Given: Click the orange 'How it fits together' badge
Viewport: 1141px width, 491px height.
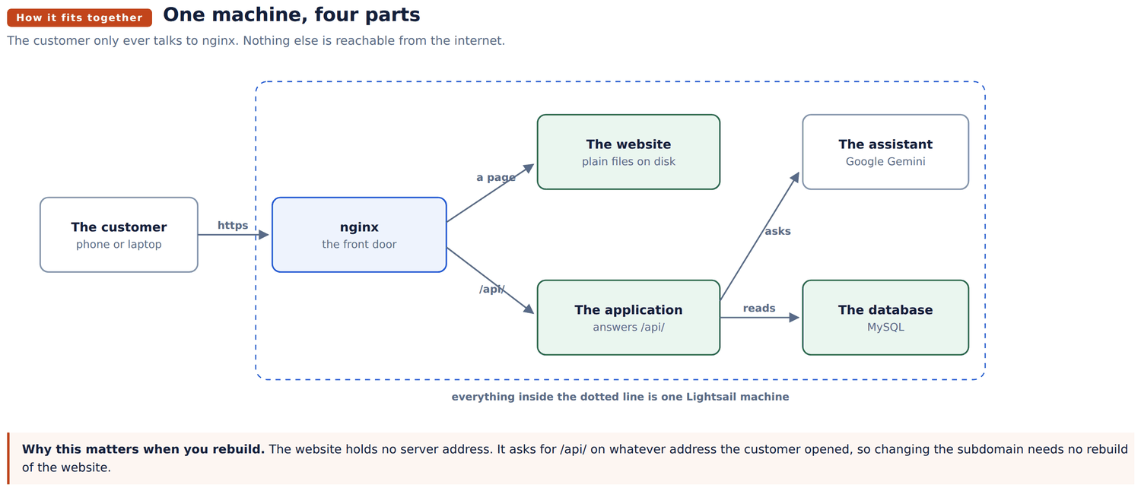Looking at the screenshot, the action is click(x=79, y=17).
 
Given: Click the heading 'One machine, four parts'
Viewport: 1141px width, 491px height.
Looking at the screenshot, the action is click(x=291, y=14).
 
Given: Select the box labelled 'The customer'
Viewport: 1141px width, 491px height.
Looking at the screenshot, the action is click(x=119, y=235).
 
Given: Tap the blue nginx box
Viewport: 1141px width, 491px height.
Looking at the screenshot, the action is click(x=359, y=235).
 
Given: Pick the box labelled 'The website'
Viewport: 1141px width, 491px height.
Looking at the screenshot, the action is click(x=628, y=152).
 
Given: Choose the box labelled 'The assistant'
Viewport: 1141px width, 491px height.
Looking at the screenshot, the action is click(x=885, y=152).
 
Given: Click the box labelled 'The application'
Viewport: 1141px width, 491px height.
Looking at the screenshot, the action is click(x=628, y=318).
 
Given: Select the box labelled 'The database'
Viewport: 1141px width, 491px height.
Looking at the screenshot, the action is click(x=885, y=318).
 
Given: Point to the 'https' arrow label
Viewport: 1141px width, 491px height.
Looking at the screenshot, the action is click(x=233, y=226).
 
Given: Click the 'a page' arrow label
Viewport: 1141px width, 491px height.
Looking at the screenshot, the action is click(x=496, y=178).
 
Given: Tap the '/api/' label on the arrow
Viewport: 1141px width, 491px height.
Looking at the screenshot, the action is click(x=491, y=290).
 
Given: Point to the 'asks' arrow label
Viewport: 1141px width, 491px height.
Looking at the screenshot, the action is click(x=777, y=231).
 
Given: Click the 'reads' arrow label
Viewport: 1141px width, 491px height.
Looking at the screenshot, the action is click(x=759, y=309).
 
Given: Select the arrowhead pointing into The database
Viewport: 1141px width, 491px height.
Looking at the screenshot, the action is click(x=794, y=318).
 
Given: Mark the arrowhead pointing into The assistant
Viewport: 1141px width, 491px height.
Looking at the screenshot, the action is click(x=795, y=178).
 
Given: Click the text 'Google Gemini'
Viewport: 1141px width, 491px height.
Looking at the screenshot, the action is click(x=885, y=162).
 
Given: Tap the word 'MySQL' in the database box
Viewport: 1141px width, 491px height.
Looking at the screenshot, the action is click(x=885, y=327).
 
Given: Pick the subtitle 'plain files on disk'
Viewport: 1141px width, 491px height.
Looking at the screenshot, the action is click(x=628, y=162).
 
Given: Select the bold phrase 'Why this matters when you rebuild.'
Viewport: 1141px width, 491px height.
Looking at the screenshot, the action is click(x=143, y=449).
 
